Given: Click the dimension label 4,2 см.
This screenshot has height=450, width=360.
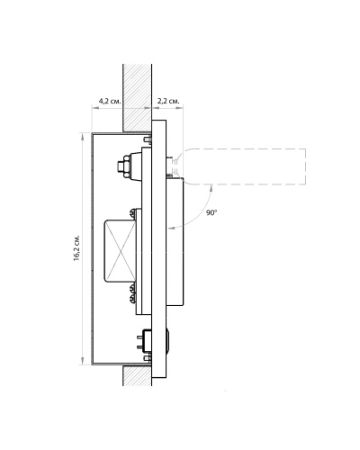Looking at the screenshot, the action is click(110, 101).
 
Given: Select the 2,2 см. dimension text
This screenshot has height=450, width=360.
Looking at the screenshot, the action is click(168, 101).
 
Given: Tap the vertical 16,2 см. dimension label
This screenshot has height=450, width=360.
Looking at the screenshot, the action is click(76, 247).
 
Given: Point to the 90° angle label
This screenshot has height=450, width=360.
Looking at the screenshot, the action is click(211, 212).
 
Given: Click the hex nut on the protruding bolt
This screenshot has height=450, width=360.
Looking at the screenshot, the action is click(123, 166).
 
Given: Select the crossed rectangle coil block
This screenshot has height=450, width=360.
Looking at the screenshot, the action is click(120, 251).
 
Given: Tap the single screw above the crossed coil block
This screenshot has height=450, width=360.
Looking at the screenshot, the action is click(132, 213).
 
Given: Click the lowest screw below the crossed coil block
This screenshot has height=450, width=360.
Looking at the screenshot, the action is click(132, 298).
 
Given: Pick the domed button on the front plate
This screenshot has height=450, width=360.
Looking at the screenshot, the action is click(168, 342).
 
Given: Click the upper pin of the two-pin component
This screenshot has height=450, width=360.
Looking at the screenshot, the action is click(139, 337).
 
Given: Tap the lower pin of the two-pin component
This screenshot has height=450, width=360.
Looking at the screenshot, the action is click(139, 347).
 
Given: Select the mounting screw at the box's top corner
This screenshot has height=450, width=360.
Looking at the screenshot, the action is click(148, 139).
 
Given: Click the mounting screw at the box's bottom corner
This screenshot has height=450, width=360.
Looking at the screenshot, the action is click(148, 358).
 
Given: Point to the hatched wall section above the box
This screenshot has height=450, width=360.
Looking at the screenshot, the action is click(138, 98).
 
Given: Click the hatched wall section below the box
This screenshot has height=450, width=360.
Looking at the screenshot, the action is click(138, 375).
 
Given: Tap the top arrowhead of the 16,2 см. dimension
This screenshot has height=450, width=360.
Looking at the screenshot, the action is click(82, 137).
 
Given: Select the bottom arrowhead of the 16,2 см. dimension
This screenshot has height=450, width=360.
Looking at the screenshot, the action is click(82, 361).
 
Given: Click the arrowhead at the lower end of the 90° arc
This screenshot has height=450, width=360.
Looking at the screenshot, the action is click(172, 229).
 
